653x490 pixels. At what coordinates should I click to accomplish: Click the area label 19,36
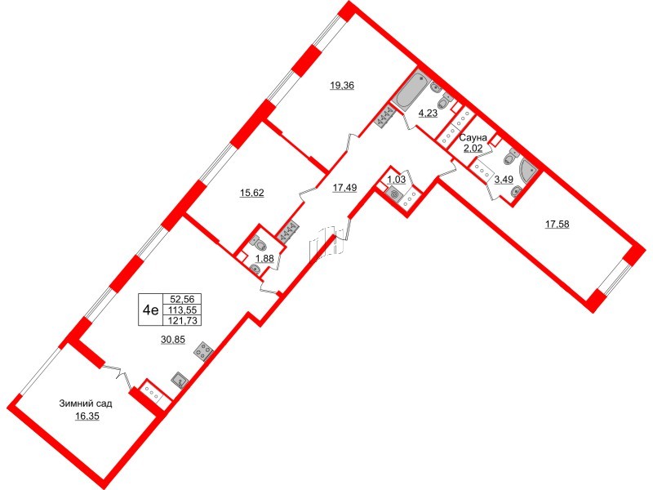342,86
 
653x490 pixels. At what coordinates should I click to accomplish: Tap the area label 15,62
252,193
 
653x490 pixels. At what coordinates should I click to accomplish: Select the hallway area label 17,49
344,188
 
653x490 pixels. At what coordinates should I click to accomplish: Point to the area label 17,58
557,225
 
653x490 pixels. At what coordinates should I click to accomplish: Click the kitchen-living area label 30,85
173,340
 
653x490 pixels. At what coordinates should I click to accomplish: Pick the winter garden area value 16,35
87,416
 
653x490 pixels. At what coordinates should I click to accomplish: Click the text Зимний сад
86,403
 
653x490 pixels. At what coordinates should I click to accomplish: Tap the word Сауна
473,137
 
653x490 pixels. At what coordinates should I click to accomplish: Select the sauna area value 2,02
473,148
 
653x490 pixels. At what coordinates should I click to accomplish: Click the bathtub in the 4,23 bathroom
411,91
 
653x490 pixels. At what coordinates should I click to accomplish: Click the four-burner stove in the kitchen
203,350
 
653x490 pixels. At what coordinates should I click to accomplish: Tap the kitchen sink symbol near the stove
180,380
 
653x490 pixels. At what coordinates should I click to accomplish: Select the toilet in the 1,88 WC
259,243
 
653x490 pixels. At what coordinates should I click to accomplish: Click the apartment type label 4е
150,310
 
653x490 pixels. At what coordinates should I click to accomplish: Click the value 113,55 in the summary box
183,310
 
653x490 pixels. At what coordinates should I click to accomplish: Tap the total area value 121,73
183,320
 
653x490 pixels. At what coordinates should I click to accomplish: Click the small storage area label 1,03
397,180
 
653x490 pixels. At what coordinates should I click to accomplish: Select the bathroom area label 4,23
428,113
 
